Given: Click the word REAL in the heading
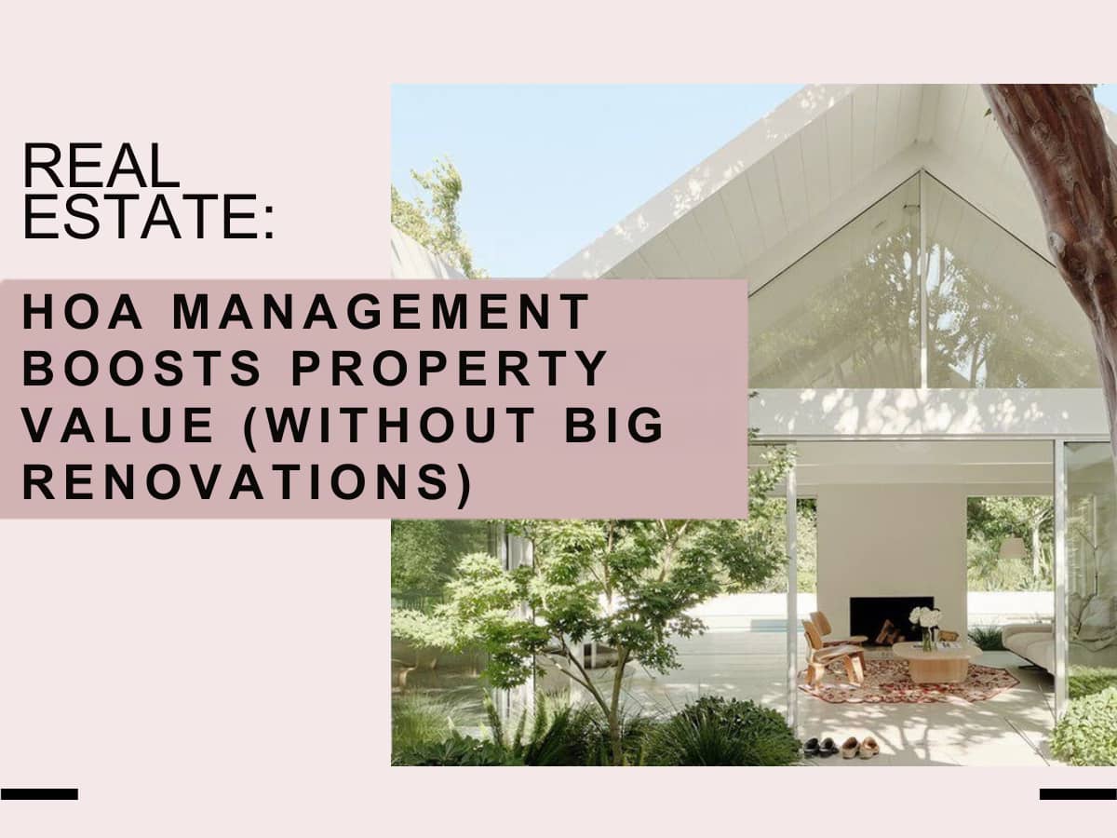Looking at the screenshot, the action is pos(101,166).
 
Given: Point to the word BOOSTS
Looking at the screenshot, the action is pos(142,368).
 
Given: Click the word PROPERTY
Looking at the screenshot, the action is pos(450,368).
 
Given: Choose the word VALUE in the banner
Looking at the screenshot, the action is pos(118,425).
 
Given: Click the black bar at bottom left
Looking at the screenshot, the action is pos(39,793).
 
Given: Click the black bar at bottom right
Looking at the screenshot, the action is pos(1078,793).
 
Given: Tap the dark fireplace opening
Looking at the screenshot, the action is pos(891,619).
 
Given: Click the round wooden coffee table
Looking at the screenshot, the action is pos(936,661).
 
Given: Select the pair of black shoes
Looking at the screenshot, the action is pos(821,746).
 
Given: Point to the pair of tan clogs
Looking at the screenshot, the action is pos(860,748).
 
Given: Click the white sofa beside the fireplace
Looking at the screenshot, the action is pos(1028,645).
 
